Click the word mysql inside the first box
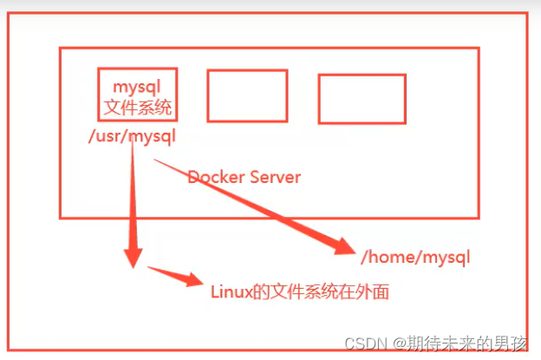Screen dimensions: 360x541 click(x=138, y=88)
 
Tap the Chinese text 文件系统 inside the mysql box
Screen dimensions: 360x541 click(x=138, y=108)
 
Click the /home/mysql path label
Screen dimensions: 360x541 click(x=415, y=257)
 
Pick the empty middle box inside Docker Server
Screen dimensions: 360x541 click(x=247, y=95)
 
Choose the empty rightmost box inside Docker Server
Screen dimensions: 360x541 click(x=362, y=98)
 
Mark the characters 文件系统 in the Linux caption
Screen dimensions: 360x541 click(x=303, y=291)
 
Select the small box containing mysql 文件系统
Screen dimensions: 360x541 click(x=138, y=95)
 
